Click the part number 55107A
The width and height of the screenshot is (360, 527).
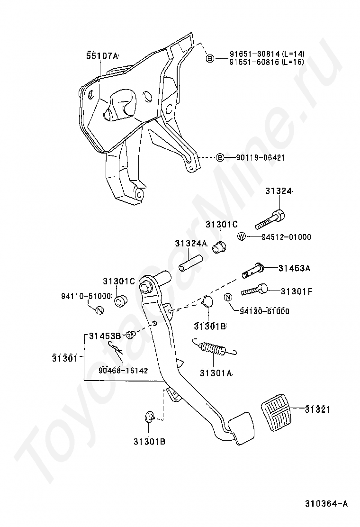click(102, 55)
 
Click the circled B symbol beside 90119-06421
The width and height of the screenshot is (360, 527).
click(220, 157)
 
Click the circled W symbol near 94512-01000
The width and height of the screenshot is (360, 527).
click(241, 237)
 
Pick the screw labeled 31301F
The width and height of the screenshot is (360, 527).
click(256, 290)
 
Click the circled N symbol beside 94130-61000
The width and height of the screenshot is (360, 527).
click(228, 297)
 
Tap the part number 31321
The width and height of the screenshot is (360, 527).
click(317, 409)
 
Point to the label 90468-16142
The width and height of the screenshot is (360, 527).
click(124, 370)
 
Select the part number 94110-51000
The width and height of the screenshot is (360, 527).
click(86, 296)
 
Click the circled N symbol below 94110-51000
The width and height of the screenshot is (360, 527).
click(99, 310)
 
